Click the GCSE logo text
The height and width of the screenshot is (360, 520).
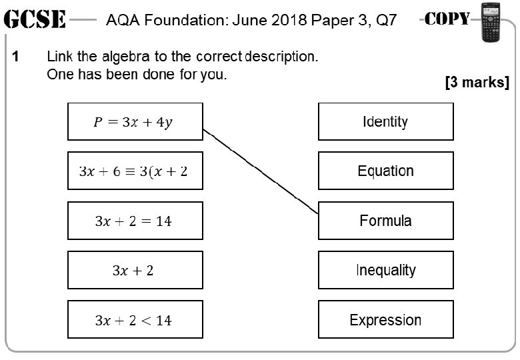34,20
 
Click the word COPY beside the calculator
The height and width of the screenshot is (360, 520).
447,19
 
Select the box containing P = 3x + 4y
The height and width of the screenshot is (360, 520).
135,122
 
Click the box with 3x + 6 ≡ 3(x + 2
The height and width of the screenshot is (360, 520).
135,171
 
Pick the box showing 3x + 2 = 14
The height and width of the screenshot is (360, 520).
135,221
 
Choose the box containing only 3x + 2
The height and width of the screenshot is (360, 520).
135,270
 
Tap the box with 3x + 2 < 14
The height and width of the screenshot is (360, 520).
135,320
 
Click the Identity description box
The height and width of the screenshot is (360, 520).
385,122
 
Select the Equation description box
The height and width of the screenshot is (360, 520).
385,171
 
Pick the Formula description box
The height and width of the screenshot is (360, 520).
385,221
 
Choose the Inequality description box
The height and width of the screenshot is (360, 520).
385,270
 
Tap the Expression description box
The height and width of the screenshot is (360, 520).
385,320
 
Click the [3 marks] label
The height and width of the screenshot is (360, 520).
477,83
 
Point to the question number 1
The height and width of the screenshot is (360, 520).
15,57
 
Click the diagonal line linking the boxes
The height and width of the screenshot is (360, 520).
260,171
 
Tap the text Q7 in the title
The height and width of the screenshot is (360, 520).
387,20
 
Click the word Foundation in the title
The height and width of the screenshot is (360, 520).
175,20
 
